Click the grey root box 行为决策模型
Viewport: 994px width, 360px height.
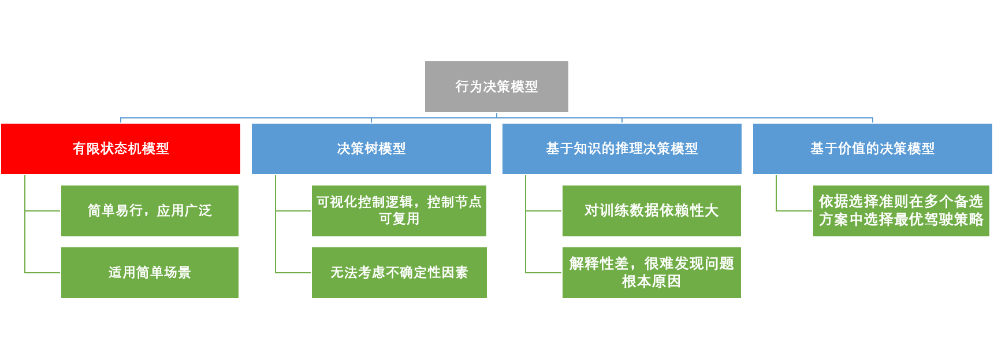click(496, 87)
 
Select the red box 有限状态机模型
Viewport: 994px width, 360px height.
click(121, 149)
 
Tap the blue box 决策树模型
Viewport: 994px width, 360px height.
click(371, 149)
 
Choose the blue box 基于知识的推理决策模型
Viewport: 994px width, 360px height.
click(621, 149)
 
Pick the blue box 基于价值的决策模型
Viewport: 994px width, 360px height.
click(872, 149)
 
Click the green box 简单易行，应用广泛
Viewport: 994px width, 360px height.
click(150, 211)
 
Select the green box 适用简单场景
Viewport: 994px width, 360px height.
click(150, 273)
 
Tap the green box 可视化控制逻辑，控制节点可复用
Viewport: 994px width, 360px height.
click(399, 211)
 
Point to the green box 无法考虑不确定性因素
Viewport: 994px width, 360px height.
click(399, 273)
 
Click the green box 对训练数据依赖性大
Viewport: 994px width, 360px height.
click(651, 211)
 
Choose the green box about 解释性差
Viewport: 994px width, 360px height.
click(651, 273)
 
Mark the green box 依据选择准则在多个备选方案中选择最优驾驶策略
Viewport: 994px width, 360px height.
click(900, 211)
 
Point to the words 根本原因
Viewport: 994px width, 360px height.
click(651, 282)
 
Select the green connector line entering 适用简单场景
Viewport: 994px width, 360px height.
click(43, 273)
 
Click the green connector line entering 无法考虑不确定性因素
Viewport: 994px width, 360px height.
click(293, 273)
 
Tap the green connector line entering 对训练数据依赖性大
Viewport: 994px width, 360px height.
click(543, 211)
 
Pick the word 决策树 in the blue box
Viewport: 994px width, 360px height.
click(358, 149)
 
